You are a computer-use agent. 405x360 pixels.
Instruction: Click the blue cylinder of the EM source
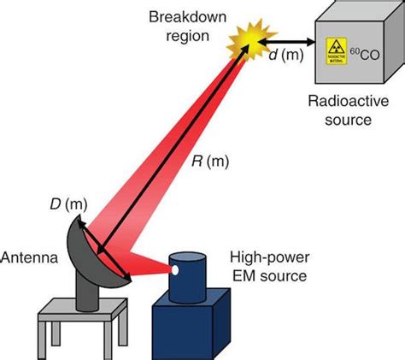[x=194, y=275]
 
